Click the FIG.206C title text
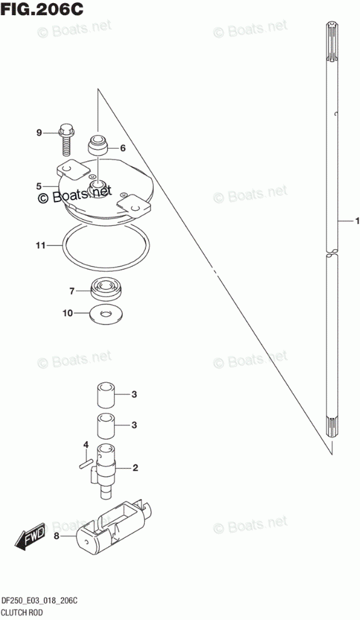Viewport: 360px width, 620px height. coord(42,9)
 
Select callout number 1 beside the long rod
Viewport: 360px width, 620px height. coord(357,221)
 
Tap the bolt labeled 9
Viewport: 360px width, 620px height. coord(66,140)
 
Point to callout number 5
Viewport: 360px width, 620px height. coord(38,186)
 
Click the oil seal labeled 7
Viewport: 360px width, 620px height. coord(107,289)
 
